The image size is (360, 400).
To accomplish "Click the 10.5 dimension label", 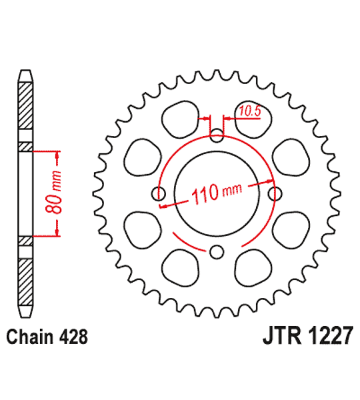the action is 250,111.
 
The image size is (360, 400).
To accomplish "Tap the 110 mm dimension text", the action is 217,193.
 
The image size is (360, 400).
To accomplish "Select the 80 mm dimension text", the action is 53,193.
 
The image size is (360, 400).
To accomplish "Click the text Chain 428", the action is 47,337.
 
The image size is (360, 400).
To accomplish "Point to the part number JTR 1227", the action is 308,336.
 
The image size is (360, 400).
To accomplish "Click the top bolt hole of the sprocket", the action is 217,136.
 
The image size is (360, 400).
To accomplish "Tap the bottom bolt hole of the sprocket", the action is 217,252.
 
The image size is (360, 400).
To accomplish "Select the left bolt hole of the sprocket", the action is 159,194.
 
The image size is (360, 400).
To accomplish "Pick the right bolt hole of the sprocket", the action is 275,194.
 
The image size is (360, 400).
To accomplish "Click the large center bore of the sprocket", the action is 217,194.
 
